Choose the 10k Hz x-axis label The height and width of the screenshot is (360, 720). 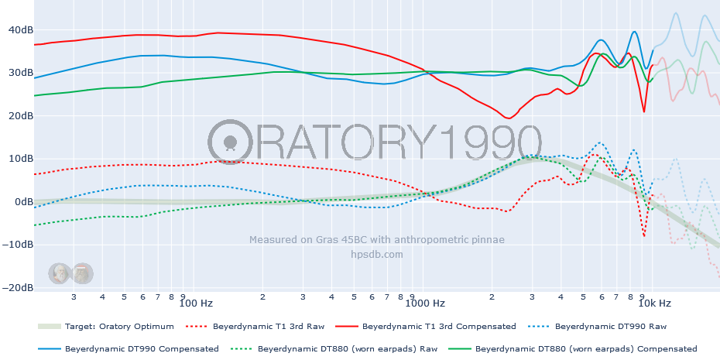pos(659,303)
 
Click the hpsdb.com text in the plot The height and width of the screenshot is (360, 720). pos(377,254)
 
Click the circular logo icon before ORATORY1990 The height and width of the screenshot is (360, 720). pos(230,142)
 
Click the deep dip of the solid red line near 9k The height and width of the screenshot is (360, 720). pos(643,111)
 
